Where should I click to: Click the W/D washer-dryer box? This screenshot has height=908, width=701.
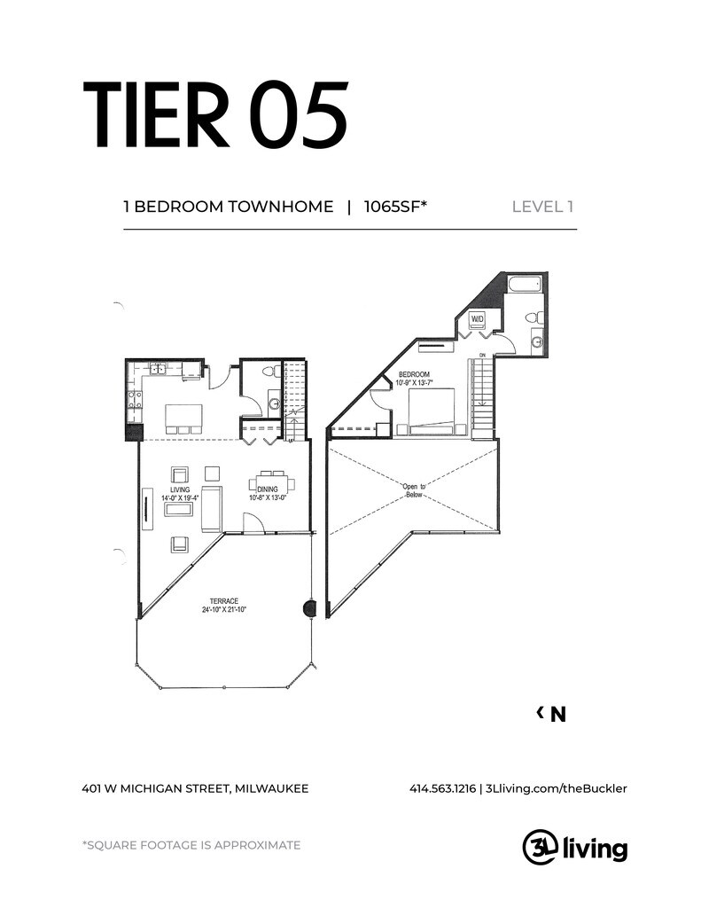[x=477, y=318]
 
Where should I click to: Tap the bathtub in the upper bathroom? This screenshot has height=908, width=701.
[x=524, y=286]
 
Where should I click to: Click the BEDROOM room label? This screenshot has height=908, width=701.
[x=415, y=374]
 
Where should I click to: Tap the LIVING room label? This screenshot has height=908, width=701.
[x=180, y=489]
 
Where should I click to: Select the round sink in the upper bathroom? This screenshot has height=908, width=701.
[x=537, y=342]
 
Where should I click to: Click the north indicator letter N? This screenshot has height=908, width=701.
[x=557, y=715]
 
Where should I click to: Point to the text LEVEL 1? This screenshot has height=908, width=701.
[x=543, y=207]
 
